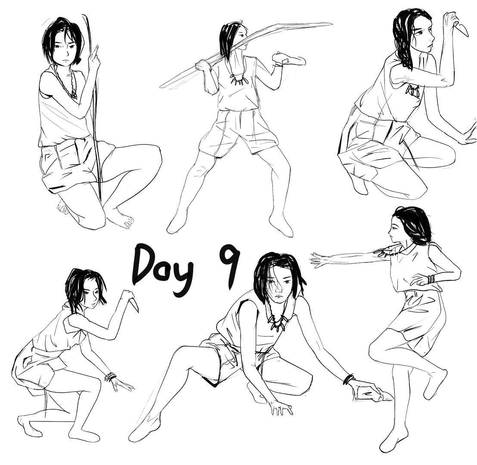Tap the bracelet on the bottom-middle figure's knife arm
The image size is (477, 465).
[x=349, y=379]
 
